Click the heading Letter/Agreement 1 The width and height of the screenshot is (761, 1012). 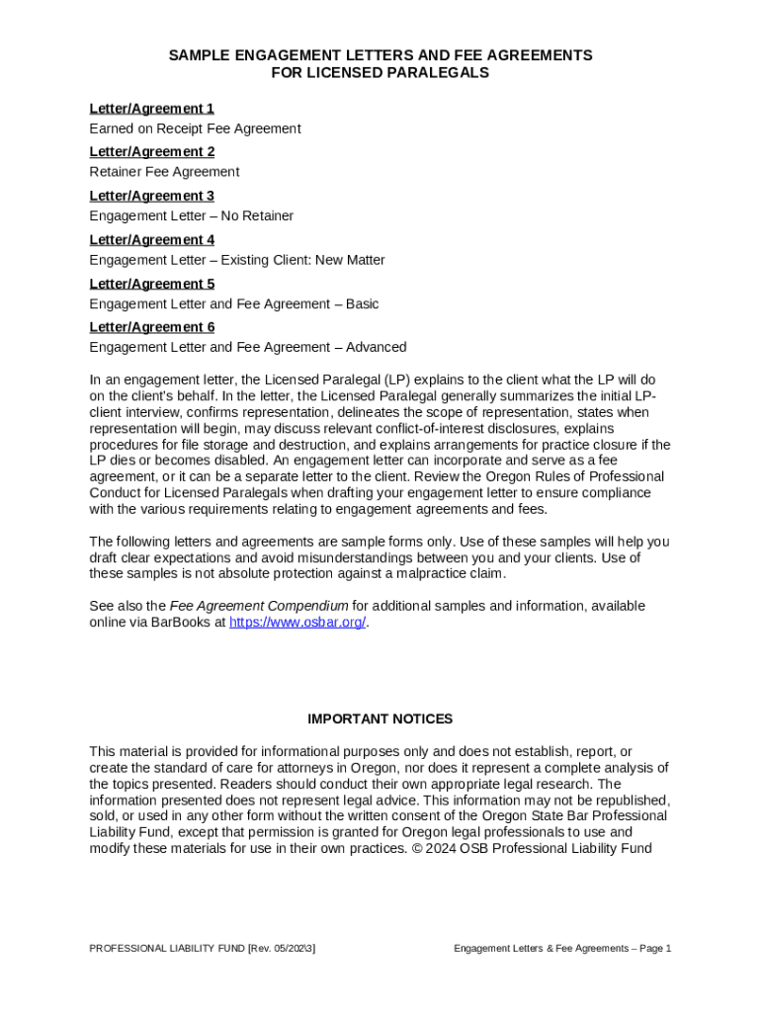tap(151, 109)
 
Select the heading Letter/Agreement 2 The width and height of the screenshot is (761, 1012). tap(151, 152)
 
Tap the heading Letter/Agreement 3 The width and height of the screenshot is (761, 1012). tap(151, 196)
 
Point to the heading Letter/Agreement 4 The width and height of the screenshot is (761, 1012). tap(151, 240)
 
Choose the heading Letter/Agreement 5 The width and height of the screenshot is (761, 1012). tap(151, 284)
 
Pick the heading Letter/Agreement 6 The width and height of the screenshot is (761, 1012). tap(151, 327)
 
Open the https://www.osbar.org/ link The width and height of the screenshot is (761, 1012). tap(296, 623)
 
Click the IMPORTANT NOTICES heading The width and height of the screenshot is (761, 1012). tap(380, 719)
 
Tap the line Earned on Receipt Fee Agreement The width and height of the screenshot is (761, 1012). tap(195, 128)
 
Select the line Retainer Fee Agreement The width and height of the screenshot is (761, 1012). tap(164, 172)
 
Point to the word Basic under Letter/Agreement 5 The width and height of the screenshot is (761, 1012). tap(362, 304)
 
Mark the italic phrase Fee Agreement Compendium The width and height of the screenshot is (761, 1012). tap(258, 606)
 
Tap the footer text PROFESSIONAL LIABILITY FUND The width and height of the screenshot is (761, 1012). tap(166, 949)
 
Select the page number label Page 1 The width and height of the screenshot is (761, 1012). tap(654, 949)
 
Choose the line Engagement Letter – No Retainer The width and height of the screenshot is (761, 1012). tap(191, 216)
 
